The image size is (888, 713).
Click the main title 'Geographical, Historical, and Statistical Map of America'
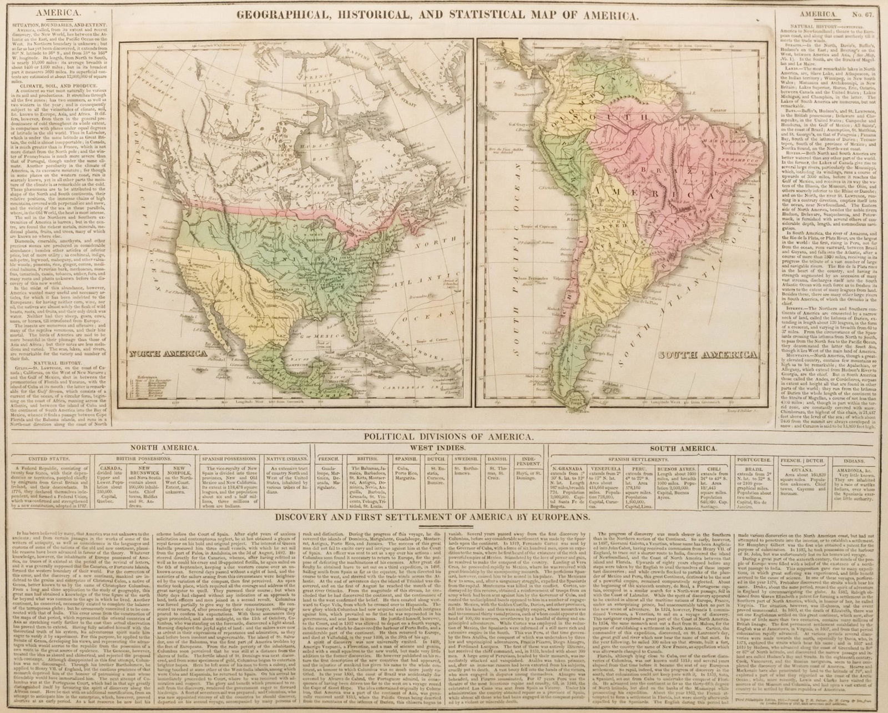[x=443, y=17]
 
